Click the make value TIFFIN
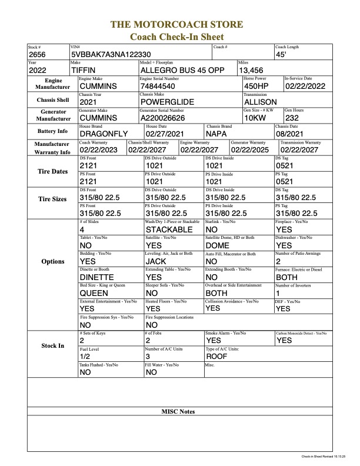pos(87,71)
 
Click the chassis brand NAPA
pos(219,134)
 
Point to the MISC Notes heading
pos(178,411)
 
